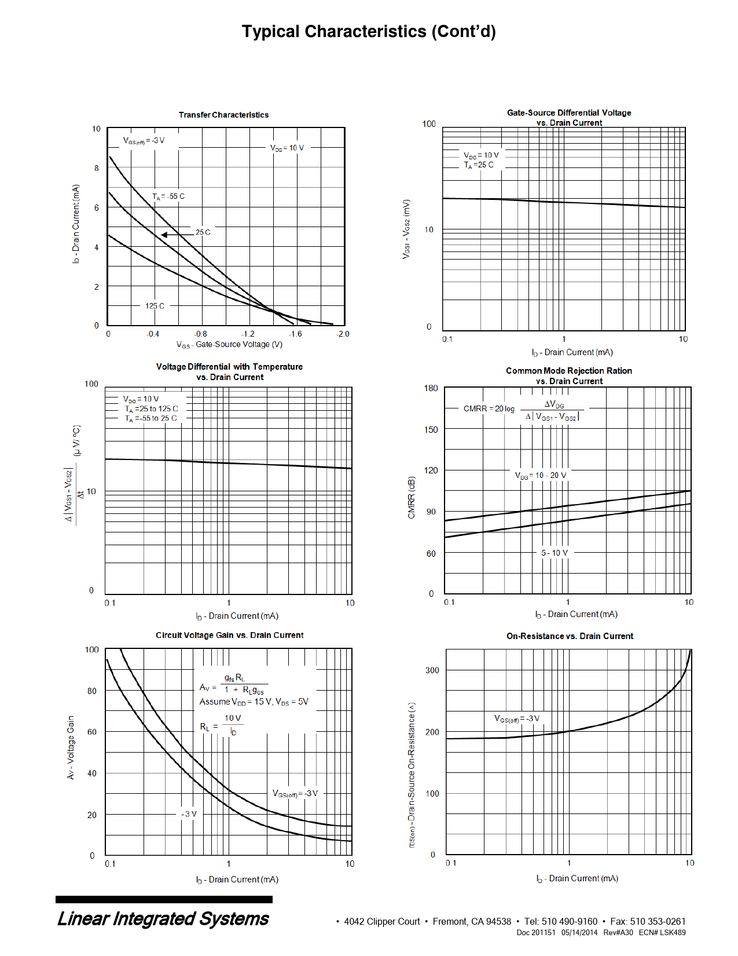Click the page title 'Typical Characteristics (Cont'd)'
click(369, 31)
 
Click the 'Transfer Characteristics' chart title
click(223, 115)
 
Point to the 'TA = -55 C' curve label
click(168, 196)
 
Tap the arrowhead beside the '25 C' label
click(164, 235)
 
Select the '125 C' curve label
click(155, 306)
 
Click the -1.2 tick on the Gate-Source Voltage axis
click(247, 334)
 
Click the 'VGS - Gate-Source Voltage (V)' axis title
click(229, 345)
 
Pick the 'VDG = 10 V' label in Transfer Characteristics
click(287, 148)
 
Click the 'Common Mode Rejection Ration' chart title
click(569, 371)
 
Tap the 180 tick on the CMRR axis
click(431, 388)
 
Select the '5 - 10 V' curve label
click(555, 553)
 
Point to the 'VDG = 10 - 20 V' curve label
click(541, 476)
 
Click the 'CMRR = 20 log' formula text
click(489, 408)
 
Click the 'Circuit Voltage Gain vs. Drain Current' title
click(229, 635)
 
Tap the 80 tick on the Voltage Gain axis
click(92, 691)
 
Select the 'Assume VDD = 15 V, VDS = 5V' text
click(254, 702)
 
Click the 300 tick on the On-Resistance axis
click(432, 670)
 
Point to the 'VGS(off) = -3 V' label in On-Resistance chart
click(516, 719)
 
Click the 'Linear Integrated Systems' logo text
click(163, 919)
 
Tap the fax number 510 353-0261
click(658, 921)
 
